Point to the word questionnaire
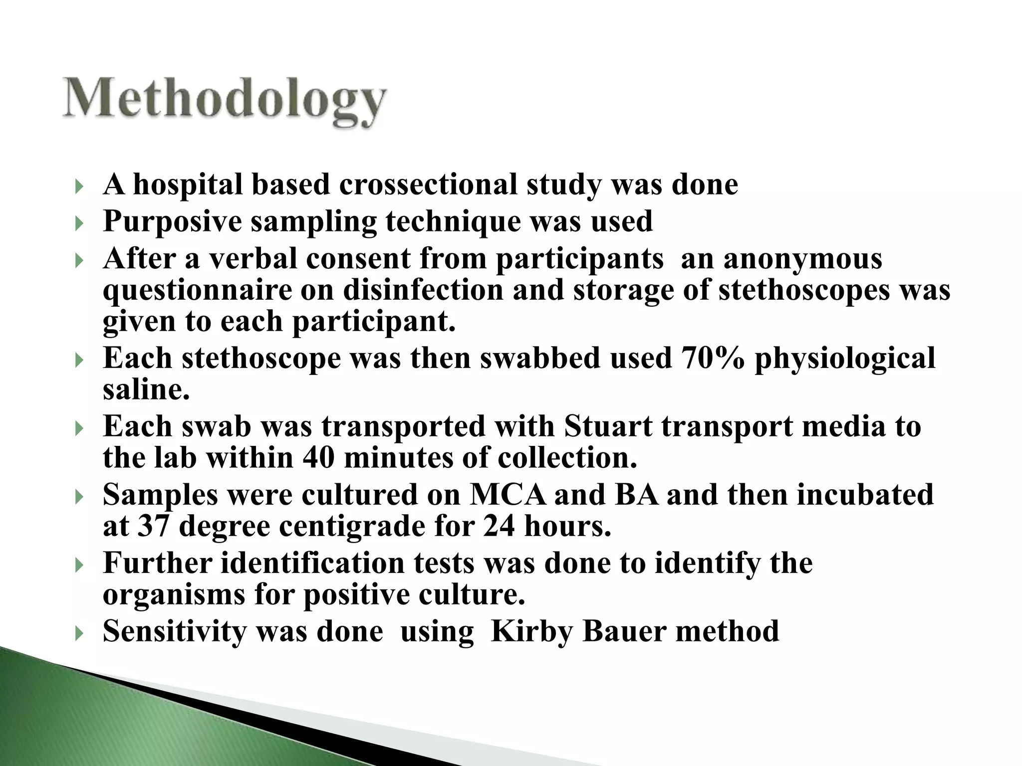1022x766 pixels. tap(197, 291)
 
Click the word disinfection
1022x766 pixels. tap(423, 290)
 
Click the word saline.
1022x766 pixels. tap(146, 389)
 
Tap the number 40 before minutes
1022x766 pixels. tap(318, 458)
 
